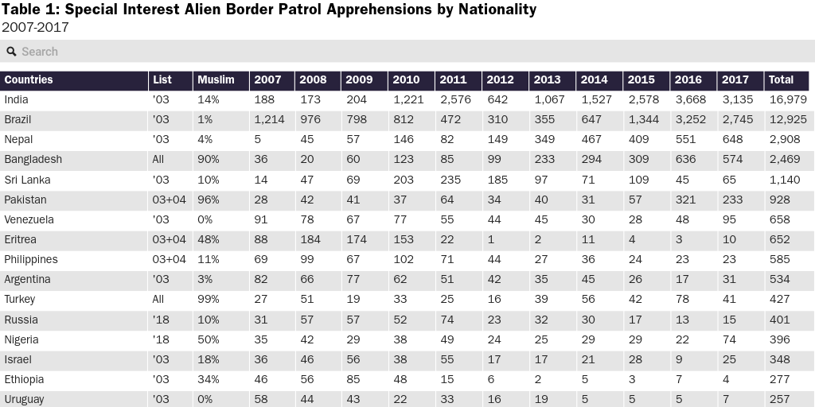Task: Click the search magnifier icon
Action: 12,52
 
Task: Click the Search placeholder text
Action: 40,52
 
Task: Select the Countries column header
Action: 29,79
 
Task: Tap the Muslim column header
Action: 216,79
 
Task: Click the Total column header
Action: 781,79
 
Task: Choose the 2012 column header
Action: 500,79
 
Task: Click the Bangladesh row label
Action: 33,160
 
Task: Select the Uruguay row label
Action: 24,399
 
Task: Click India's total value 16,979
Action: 787,99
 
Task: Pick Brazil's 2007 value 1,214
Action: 269,119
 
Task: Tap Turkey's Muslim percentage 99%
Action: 208,299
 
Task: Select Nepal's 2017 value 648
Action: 731,140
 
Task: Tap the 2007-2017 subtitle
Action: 35,28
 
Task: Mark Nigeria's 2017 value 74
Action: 728,339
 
